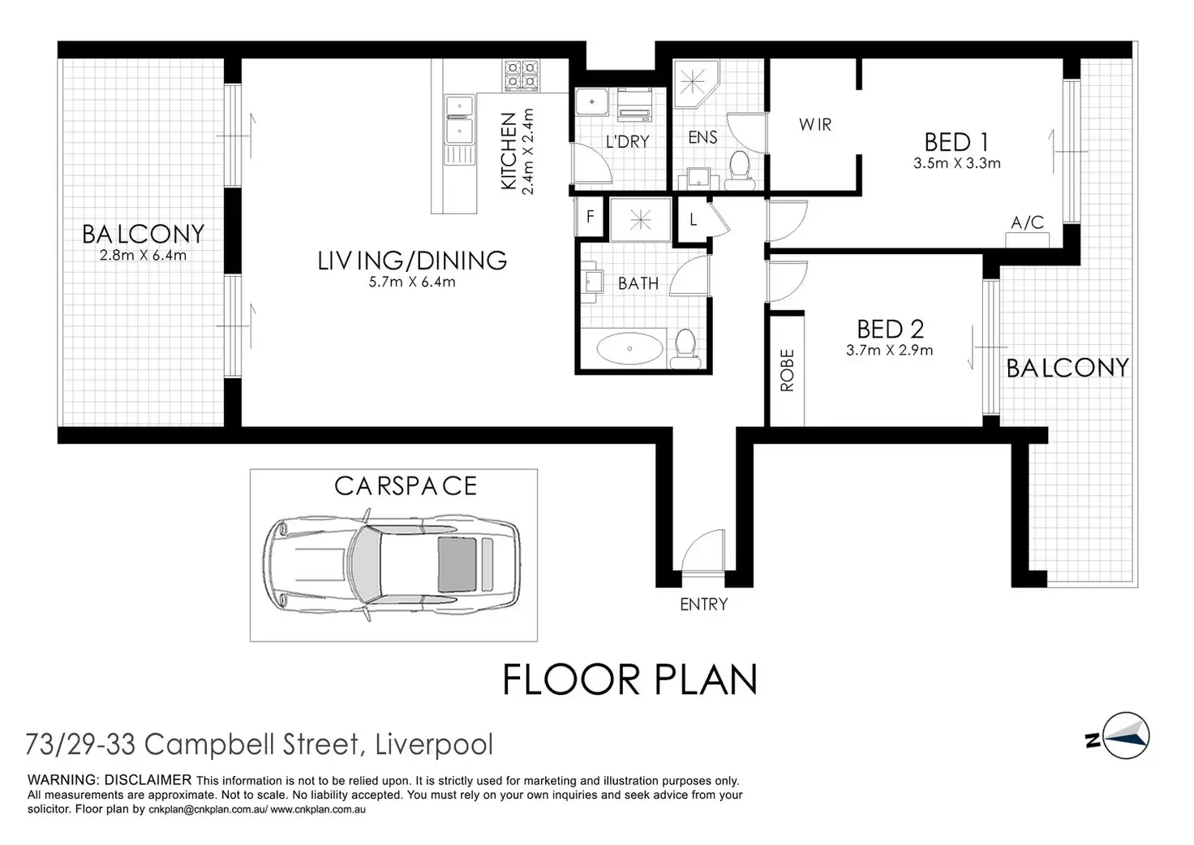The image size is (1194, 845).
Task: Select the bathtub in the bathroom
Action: [x=629, y=349]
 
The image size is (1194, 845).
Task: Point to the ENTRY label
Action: [x=703, y=605]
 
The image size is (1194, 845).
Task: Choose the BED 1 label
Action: [x=956, y=142]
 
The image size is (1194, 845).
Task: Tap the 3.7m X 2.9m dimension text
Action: [x=890, y=351]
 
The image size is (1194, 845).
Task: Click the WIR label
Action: [x=815, y=125]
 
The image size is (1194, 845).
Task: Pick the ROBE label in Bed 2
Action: [x=788, y=371]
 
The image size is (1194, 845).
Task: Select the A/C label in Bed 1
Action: [x=1027, y=222]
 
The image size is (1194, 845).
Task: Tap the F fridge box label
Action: [x=590, y=217]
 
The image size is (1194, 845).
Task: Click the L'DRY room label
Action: [x=627, y=142]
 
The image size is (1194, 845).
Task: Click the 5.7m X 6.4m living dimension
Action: [x=412, y=282]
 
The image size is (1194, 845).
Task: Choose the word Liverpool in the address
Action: [x=435, y=745]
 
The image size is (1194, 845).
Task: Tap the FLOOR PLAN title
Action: [x=629, y=679]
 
